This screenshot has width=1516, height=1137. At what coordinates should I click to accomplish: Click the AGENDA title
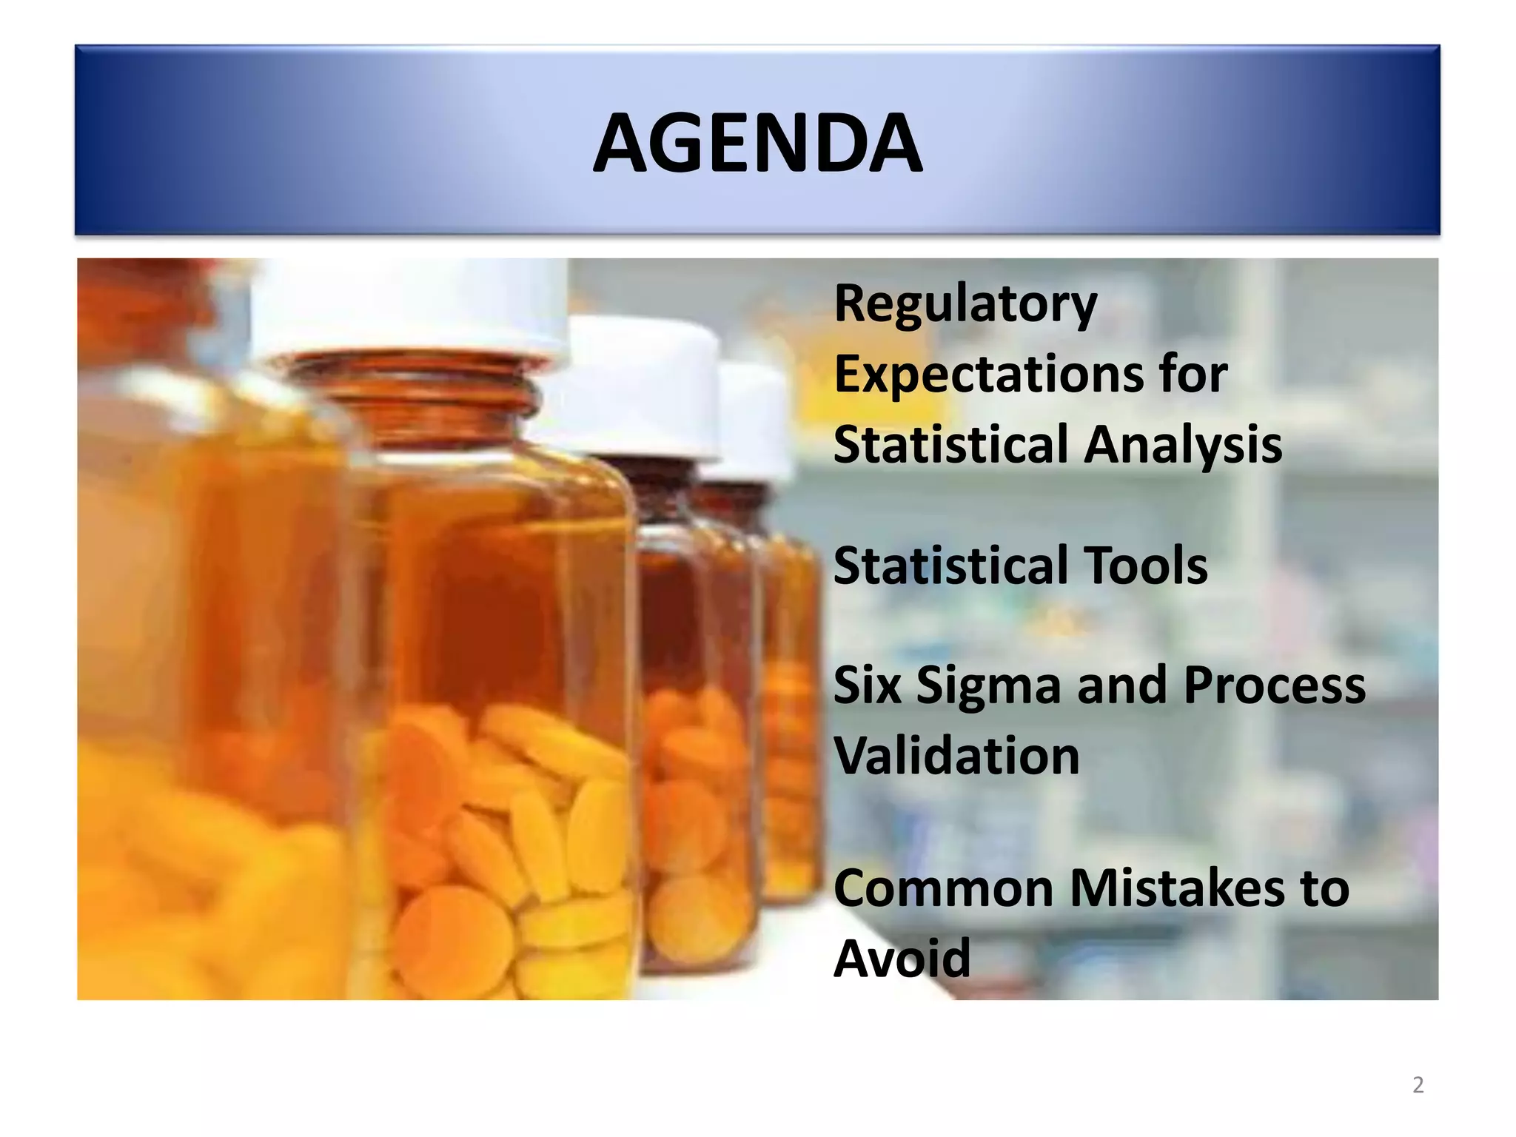point(757,143)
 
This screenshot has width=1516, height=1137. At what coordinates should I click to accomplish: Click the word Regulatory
point(965,304)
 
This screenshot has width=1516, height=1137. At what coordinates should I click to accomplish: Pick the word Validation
point(956,756)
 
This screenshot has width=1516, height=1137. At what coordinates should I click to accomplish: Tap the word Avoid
point(902,958)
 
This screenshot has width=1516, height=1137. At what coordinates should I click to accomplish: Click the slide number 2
point(1418,1085)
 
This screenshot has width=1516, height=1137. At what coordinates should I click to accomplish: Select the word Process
point(1274,685)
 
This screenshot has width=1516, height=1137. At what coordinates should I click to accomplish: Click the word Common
point(942,888)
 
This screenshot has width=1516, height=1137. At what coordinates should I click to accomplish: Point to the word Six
point(867,685)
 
